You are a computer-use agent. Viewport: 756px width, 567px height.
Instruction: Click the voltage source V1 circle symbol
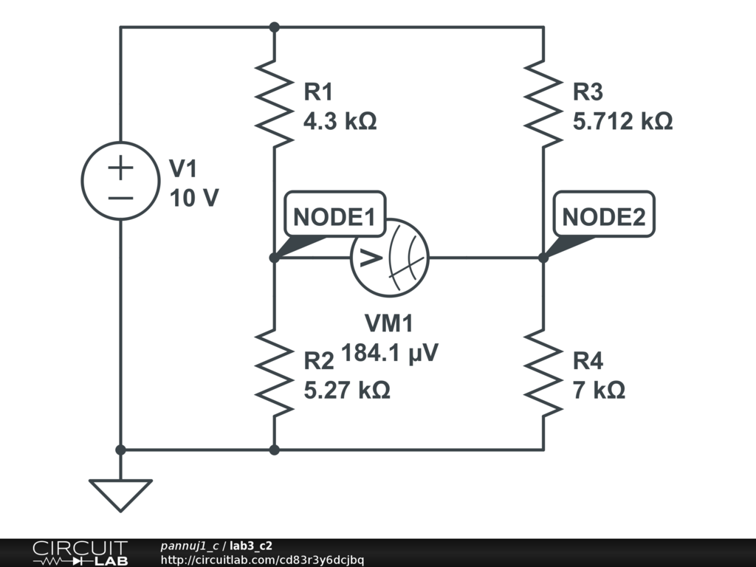tap(120, 181)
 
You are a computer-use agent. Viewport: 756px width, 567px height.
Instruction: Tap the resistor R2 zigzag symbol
tap(274, 373)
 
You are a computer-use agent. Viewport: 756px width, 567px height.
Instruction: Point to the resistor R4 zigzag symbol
tap(543, 373)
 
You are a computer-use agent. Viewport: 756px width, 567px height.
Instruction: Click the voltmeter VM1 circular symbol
tap(390, 258)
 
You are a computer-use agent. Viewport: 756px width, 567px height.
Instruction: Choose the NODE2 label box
tap(604, 218)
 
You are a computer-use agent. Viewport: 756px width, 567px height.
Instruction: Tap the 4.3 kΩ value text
tap(340, 122)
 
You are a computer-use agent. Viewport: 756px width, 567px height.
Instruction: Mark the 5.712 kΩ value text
tap(622, 122)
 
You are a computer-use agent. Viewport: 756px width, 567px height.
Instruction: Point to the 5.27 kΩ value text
tap(347, 390)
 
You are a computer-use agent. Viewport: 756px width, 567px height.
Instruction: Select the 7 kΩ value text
tap(599, 390)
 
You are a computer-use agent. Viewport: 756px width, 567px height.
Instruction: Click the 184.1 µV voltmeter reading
tap(390, 354)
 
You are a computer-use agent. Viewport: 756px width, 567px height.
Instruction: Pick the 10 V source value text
tap(194, 199)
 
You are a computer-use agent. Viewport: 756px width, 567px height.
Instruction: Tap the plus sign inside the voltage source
tap(120, 168)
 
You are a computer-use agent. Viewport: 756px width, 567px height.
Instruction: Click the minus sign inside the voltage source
tap(120, 197)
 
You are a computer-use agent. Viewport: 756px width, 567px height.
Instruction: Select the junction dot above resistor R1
tap(274, 27)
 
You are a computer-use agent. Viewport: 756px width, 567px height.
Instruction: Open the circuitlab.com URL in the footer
tap(261, 560)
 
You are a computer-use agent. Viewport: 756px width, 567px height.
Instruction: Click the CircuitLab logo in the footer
tap(80, 553)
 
